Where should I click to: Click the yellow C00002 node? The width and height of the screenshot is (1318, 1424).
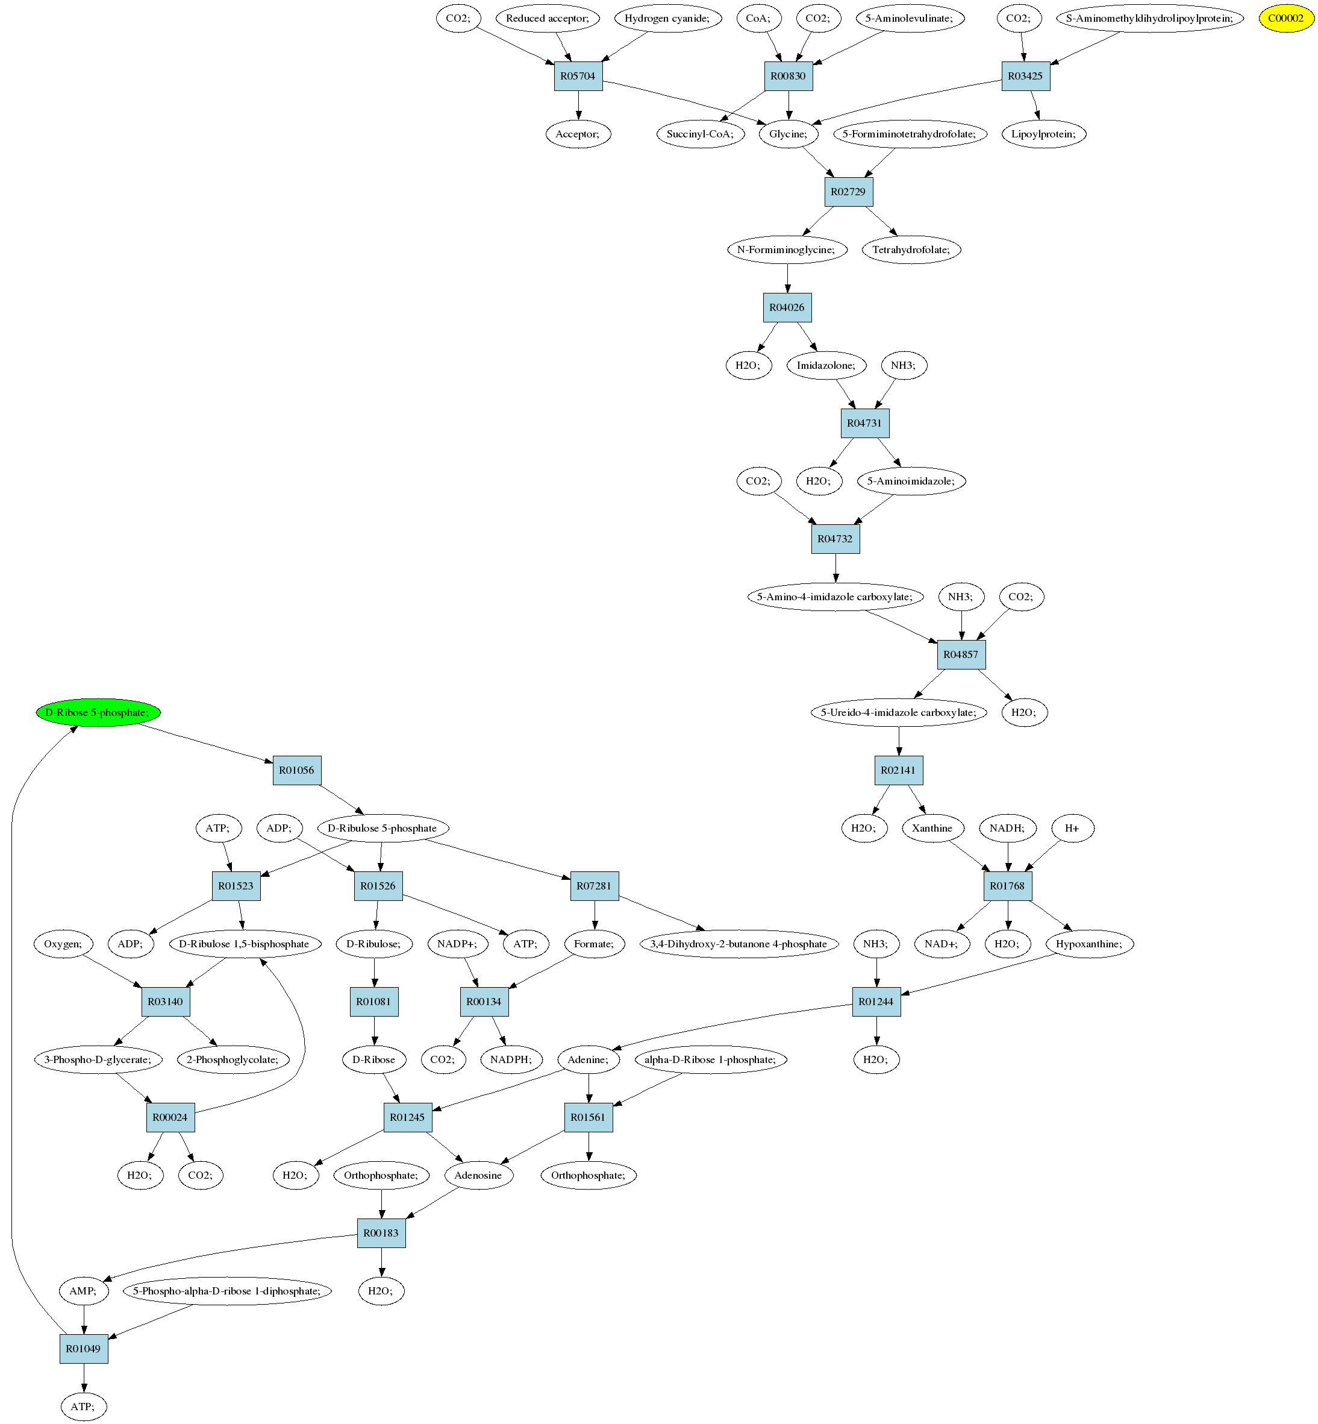(1285, 19)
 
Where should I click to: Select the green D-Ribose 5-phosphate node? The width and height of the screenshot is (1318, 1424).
(98, 712)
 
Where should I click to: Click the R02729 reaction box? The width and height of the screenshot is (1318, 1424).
(848, 192)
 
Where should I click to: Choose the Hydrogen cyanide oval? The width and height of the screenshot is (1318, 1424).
(667, 19)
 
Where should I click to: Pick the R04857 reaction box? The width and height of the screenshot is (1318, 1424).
(961, 654)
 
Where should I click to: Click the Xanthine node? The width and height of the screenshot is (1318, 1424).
(931, 828)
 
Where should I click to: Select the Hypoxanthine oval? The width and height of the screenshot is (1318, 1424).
(1088, 944)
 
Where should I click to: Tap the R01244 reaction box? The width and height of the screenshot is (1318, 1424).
(876, 1002)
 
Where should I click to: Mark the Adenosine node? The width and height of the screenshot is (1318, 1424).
(478, 1175)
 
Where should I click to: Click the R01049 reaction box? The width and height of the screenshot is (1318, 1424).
(84, 1349)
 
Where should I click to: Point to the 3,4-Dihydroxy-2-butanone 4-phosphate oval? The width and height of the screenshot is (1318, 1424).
(738, 944)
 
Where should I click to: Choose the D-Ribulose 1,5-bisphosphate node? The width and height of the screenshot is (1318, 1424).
(244, 944)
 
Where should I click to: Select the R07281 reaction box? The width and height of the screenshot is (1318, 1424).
(594, 886)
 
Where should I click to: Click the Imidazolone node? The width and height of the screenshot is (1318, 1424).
(826, 365)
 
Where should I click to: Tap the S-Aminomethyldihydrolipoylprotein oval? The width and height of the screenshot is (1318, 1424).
(1149, 19)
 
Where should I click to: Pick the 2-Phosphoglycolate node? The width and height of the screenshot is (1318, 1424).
(233, 1059)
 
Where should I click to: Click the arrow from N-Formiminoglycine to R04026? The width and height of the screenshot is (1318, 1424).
(787, 278)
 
